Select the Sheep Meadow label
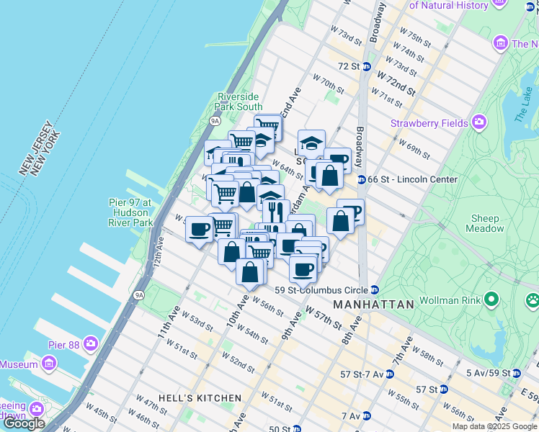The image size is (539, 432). [486, 223]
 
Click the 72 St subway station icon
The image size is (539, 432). [367, 66]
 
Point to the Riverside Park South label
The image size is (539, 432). [240, 102]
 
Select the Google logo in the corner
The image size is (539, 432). [24, 423]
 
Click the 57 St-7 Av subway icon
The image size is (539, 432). [389, 374]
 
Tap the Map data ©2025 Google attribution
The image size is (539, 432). [494, 426]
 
